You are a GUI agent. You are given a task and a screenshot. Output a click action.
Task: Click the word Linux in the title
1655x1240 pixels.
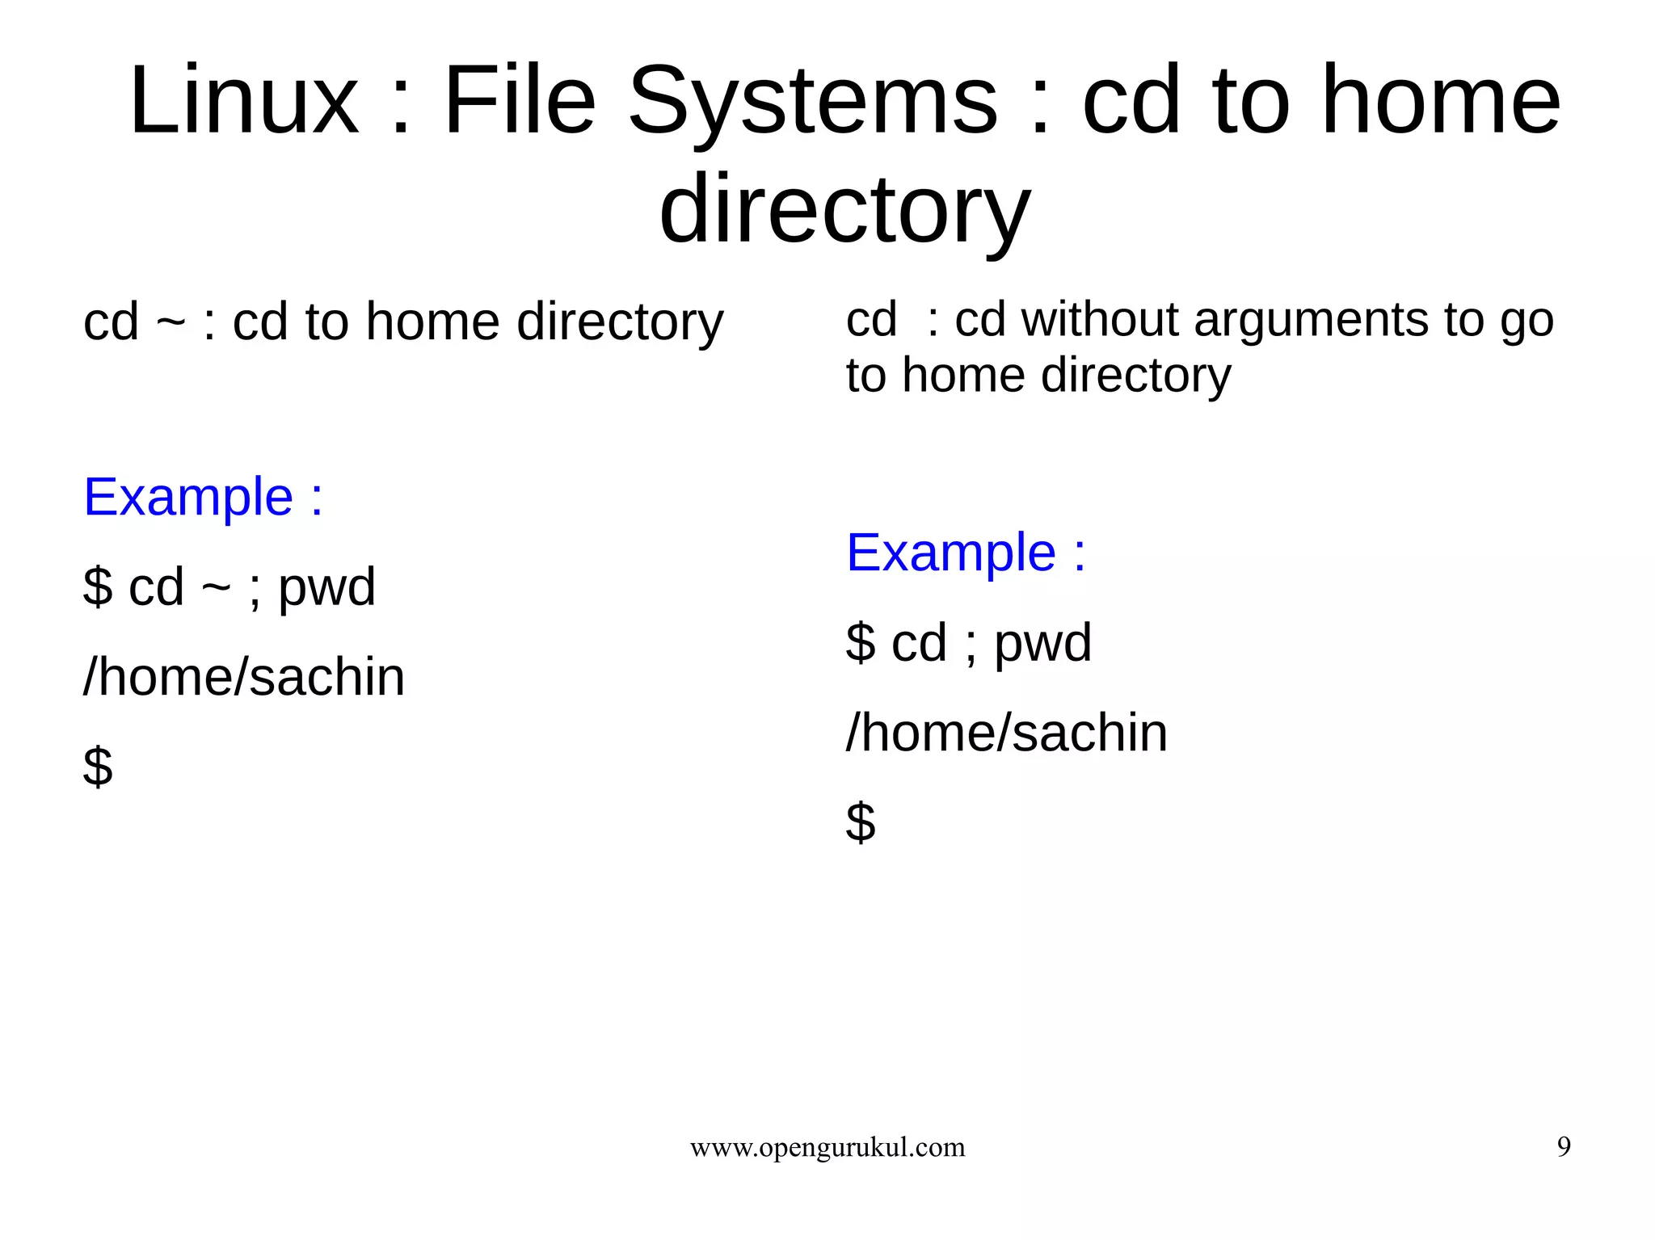coord(243,101)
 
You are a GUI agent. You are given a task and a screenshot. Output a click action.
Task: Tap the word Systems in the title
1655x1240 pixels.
coord(813,101)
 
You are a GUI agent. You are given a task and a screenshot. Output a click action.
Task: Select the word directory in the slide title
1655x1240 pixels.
coord(844,210)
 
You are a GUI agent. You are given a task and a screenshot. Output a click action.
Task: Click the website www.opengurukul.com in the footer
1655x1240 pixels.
coord(827,1147)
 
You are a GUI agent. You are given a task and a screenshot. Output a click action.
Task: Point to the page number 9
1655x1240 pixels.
coord(1564,1147)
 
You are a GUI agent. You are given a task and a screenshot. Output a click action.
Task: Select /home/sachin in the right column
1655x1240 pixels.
coord(1007,733)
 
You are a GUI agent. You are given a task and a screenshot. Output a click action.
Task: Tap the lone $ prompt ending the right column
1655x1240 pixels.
coord(861,822)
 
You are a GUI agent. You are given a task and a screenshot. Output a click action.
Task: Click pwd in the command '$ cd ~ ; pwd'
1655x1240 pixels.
coord(327,587)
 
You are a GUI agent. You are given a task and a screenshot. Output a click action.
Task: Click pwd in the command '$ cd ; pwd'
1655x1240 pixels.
coord(1042,644)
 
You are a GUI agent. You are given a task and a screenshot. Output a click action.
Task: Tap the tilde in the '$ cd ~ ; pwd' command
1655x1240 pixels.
coord(216,588)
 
